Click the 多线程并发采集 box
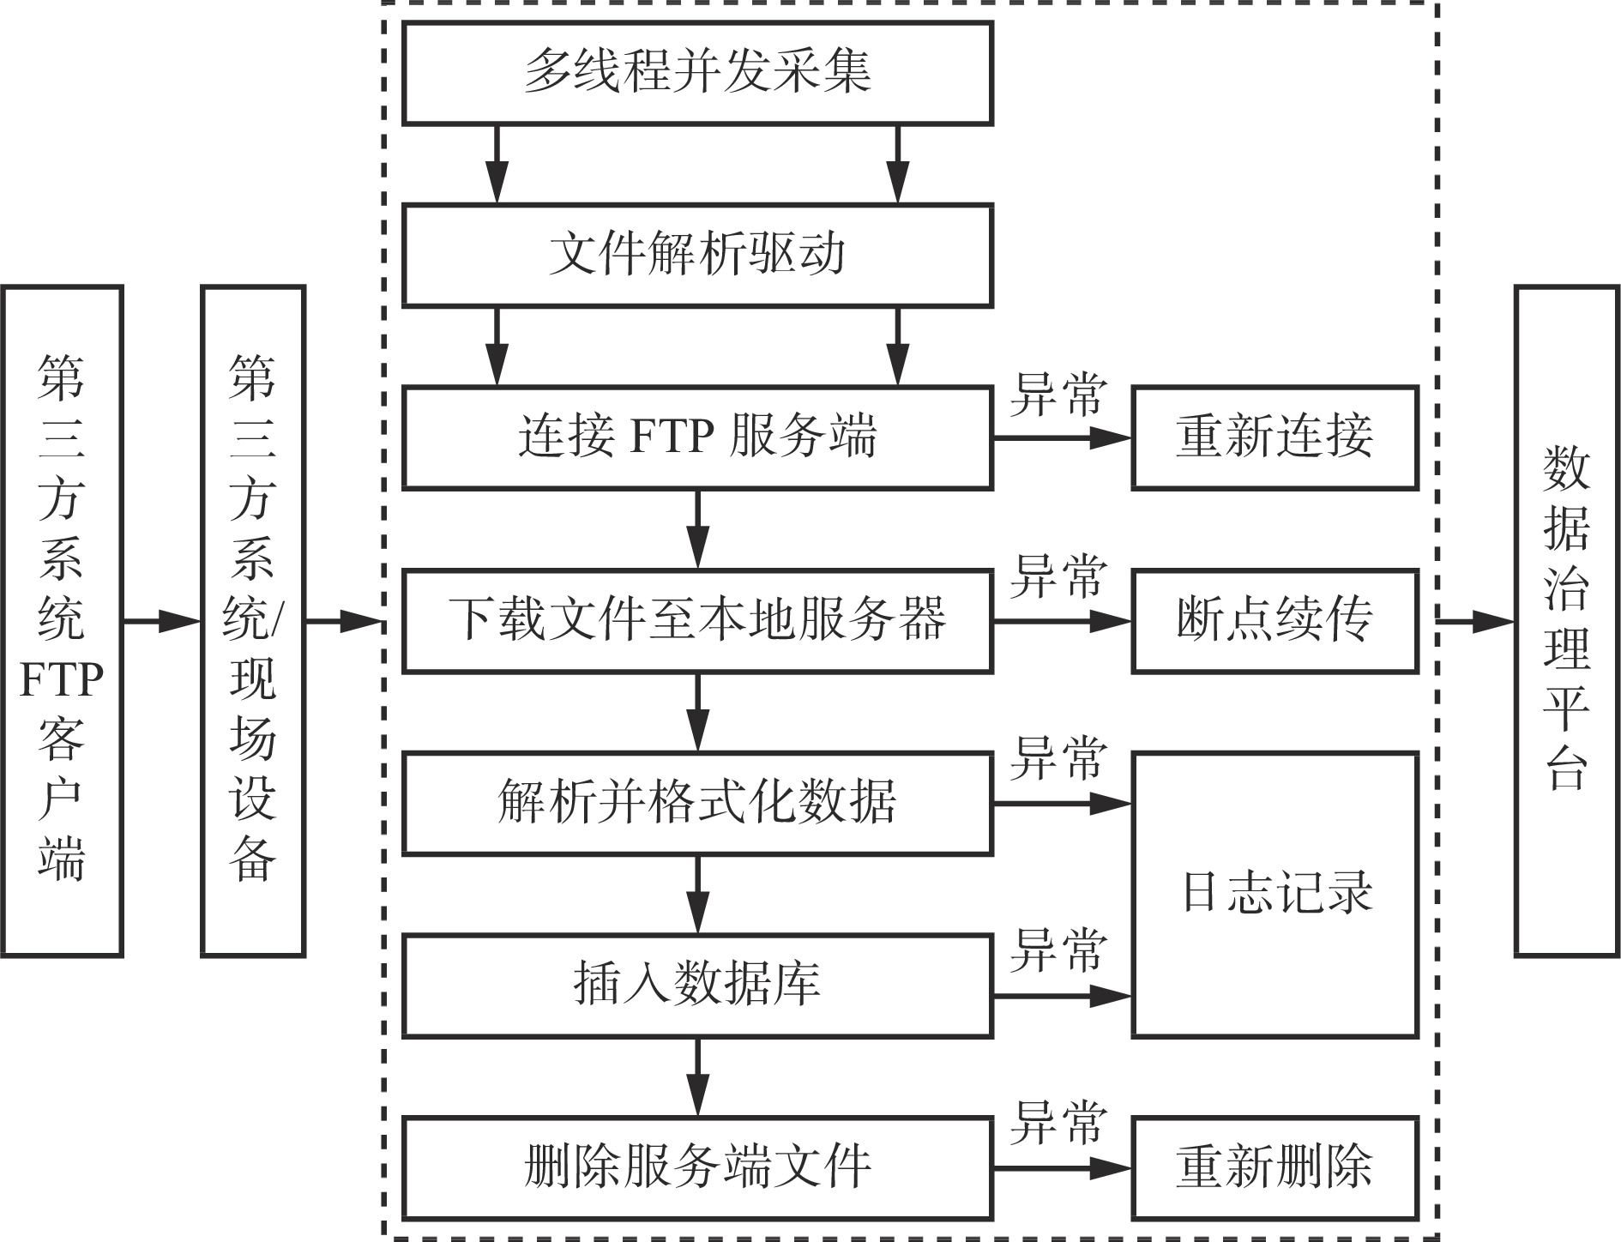coord(697,73)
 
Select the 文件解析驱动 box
coord(697,256)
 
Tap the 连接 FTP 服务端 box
coord(697,438)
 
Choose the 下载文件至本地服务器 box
coord(697,621)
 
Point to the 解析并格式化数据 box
coord(697,804)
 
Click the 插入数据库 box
coord(697,986)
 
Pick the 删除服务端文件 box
coord(697,1168)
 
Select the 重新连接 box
coord(1275,438)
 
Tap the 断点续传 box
coord(1275,621)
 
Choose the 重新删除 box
coord(1275,1168)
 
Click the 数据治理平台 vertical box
coord(1567,621)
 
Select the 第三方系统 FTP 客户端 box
coord(62,621)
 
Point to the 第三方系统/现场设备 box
coord(253,621)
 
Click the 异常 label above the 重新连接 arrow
coord(1058,395)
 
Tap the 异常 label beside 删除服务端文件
coord(1058,1124)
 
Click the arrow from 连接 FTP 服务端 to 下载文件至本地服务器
coord(698,529)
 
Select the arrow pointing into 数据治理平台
coord(1475,621)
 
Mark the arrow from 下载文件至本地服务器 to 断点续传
coord(1063,621)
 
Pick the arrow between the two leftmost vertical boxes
coord(162,621)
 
